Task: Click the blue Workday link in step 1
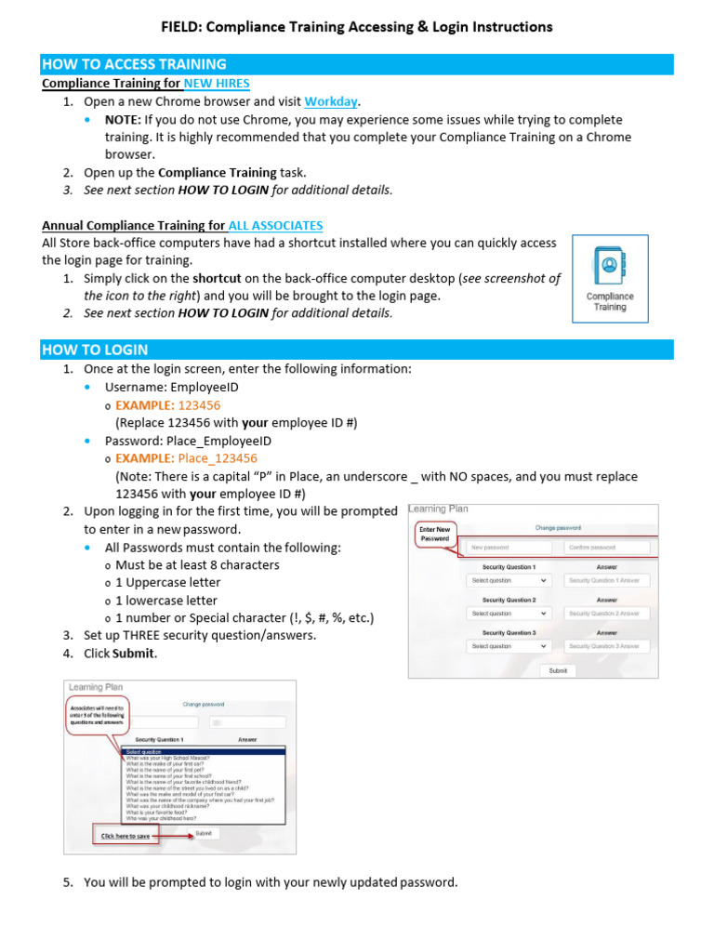(331, 101)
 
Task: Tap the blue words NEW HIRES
(217, 84)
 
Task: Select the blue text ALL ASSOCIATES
(275, 225)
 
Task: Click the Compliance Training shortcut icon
(610, 278)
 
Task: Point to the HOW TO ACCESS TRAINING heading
(134, 64)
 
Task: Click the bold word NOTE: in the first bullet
(121, 120)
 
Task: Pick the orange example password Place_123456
(218, 458)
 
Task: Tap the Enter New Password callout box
(435, 534)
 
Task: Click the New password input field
(508, 548)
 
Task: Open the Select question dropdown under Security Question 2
(508, 614)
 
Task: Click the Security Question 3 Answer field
(606, 645)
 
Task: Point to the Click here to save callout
(124, 836)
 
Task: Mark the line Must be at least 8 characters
(197, 565)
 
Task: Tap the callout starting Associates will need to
(97, 714)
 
